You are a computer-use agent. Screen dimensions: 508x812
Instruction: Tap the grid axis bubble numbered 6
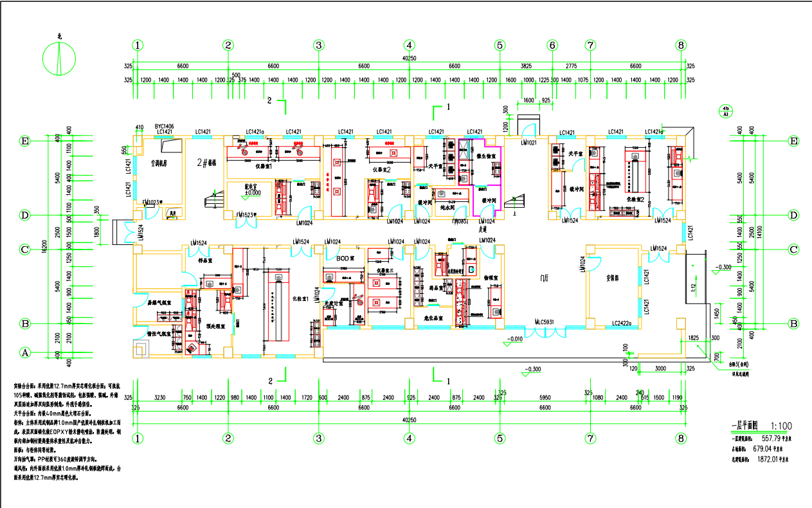(x=552, y=45)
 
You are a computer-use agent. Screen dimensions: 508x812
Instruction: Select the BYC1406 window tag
(x=165, y=126)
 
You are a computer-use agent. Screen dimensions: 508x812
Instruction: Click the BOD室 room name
(x=346, y=258)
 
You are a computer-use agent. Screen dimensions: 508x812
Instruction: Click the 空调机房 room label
(x=159, y=163)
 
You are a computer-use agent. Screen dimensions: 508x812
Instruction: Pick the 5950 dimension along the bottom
(x=545, y=398)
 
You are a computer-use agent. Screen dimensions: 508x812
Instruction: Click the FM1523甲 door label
(x=247, y=215)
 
